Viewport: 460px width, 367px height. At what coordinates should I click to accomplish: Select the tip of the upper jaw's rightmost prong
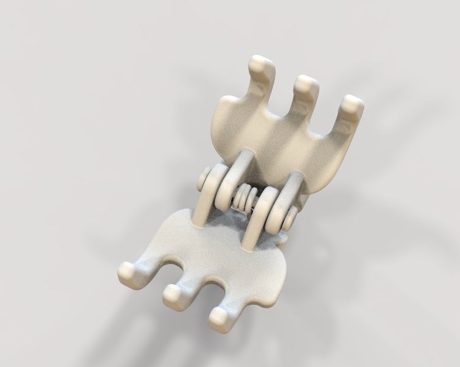click(352, 104)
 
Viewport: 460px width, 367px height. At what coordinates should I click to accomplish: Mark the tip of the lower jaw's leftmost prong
click(128, 272)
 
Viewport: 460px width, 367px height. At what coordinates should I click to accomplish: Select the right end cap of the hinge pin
click(292, 215)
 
